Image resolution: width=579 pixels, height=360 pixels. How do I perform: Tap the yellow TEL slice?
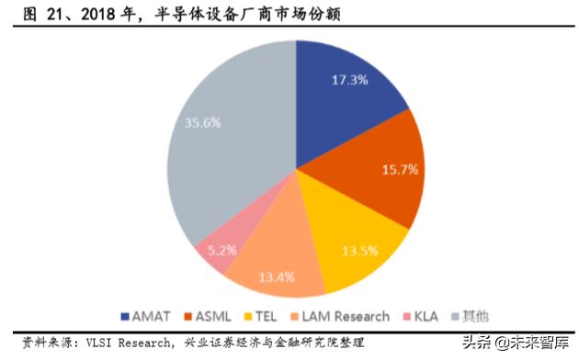tap(354, 239)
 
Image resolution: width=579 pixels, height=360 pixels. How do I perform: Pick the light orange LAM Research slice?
tap(271, 262)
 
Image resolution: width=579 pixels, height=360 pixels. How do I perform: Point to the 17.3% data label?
tap(349, 80)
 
